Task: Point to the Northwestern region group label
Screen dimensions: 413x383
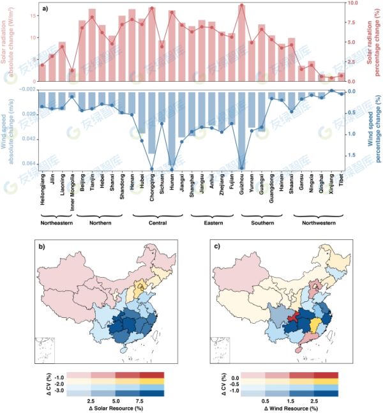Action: coord(315,223)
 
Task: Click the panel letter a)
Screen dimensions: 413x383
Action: coord(46,7)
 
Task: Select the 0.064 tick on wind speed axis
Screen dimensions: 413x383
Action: coord(27,164)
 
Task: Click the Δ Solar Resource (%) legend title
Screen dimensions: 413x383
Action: coord(117,407)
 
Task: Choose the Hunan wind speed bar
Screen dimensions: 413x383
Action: coord(172,130)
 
